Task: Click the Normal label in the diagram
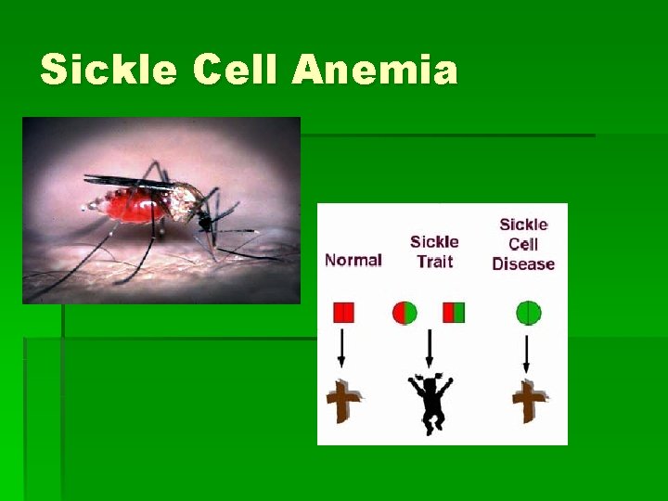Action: click(x=353, y=260)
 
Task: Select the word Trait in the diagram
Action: click(x=434, y=262)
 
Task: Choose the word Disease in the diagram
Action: click(x=523, y=263)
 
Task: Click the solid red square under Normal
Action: click(x=343, y=313)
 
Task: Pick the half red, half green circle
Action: click(x=405, y=313)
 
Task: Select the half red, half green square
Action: click(x=454, y=313)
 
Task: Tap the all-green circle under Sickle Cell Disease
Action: click(x=528, y=313)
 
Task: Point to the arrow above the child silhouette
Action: click(x=429, y=348)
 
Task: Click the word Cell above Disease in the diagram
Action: click(x=523, y=244)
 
